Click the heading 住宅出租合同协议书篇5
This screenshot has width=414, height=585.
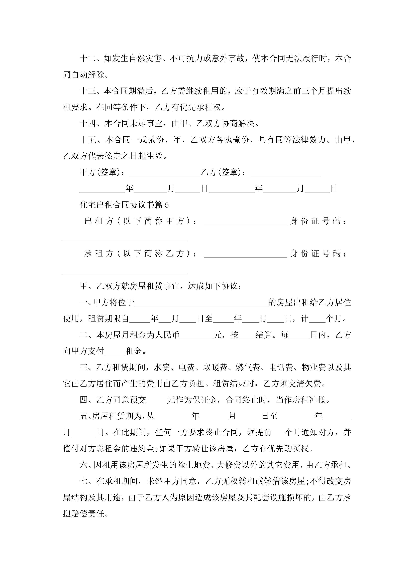pos(124,205)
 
